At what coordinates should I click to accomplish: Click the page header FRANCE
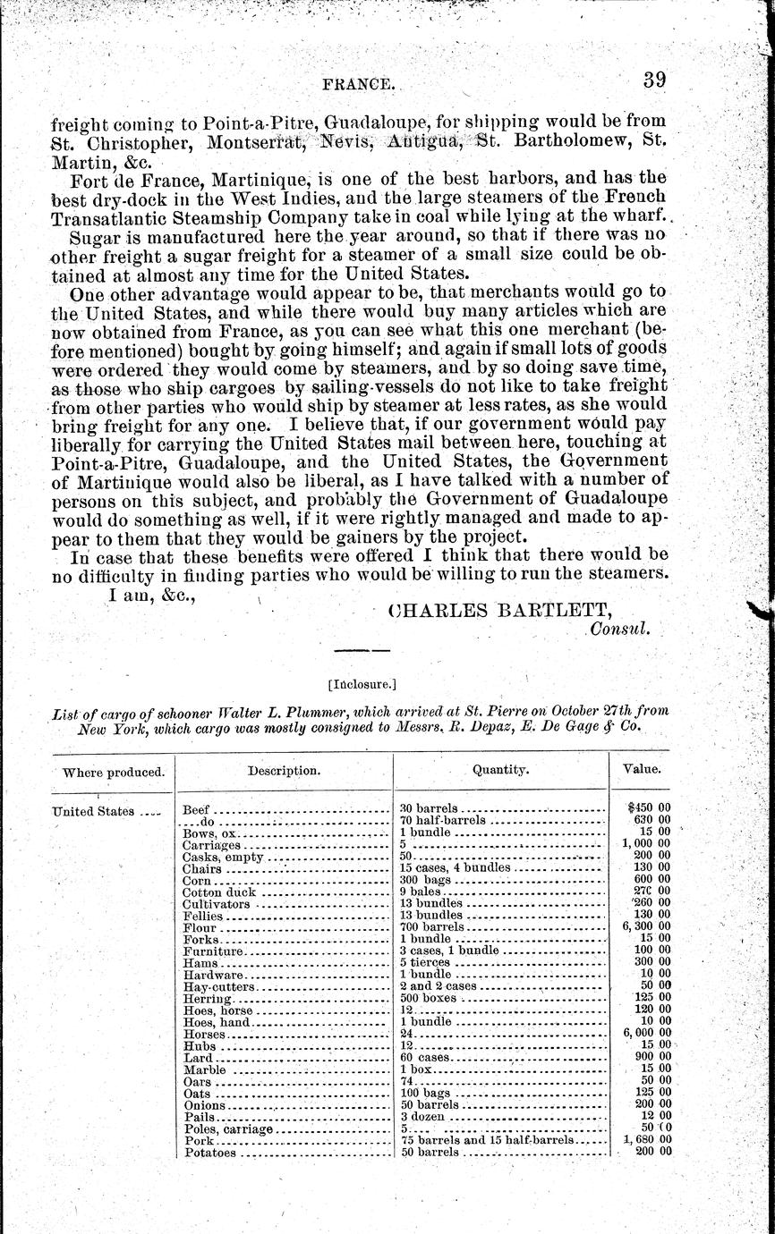pyautogui.click(x=357, y=84)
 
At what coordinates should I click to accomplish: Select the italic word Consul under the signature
pyautogui.click(x=618, y=630)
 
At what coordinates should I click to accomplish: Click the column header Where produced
pyautogui.click(x=108, y=771)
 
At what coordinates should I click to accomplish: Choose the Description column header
pyautogui.click(x=283, y=770)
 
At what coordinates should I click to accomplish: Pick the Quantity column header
pyautogui.click(x=500, y=769)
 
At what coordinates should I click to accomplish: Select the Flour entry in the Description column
pyautogui.click(x=199, y=927)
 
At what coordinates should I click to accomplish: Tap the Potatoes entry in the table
pyautogui.click(x=209, y=1153)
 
